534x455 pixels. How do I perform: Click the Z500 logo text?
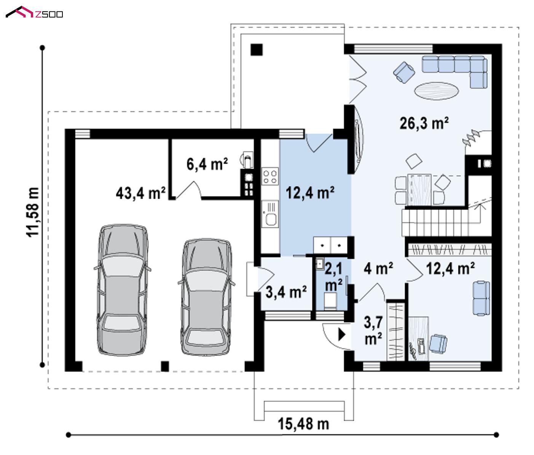49,14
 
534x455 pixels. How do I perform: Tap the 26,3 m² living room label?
424,123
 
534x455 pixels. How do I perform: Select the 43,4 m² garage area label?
140,193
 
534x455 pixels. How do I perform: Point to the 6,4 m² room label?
207,164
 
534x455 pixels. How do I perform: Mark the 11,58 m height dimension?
33,212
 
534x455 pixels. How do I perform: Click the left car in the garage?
122,290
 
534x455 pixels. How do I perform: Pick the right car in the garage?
206,297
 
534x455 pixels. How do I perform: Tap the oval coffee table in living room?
437,91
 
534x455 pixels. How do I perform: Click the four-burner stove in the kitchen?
270,176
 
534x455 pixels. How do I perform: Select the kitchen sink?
270,214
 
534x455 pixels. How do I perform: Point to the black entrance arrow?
342,335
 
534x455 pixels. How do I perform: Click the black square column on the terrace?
257,49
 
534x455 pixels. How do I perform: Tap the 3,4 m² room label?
286,292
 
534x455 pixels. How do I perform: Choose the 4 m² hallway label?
378,269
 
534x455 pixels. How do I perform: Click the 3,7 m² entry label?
373,330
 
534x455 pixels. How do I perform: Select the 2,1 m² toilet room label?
333,277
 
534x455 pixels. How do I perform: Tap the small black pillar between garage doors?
165,366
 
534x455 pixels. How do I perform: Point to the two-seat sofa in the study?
481,299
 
